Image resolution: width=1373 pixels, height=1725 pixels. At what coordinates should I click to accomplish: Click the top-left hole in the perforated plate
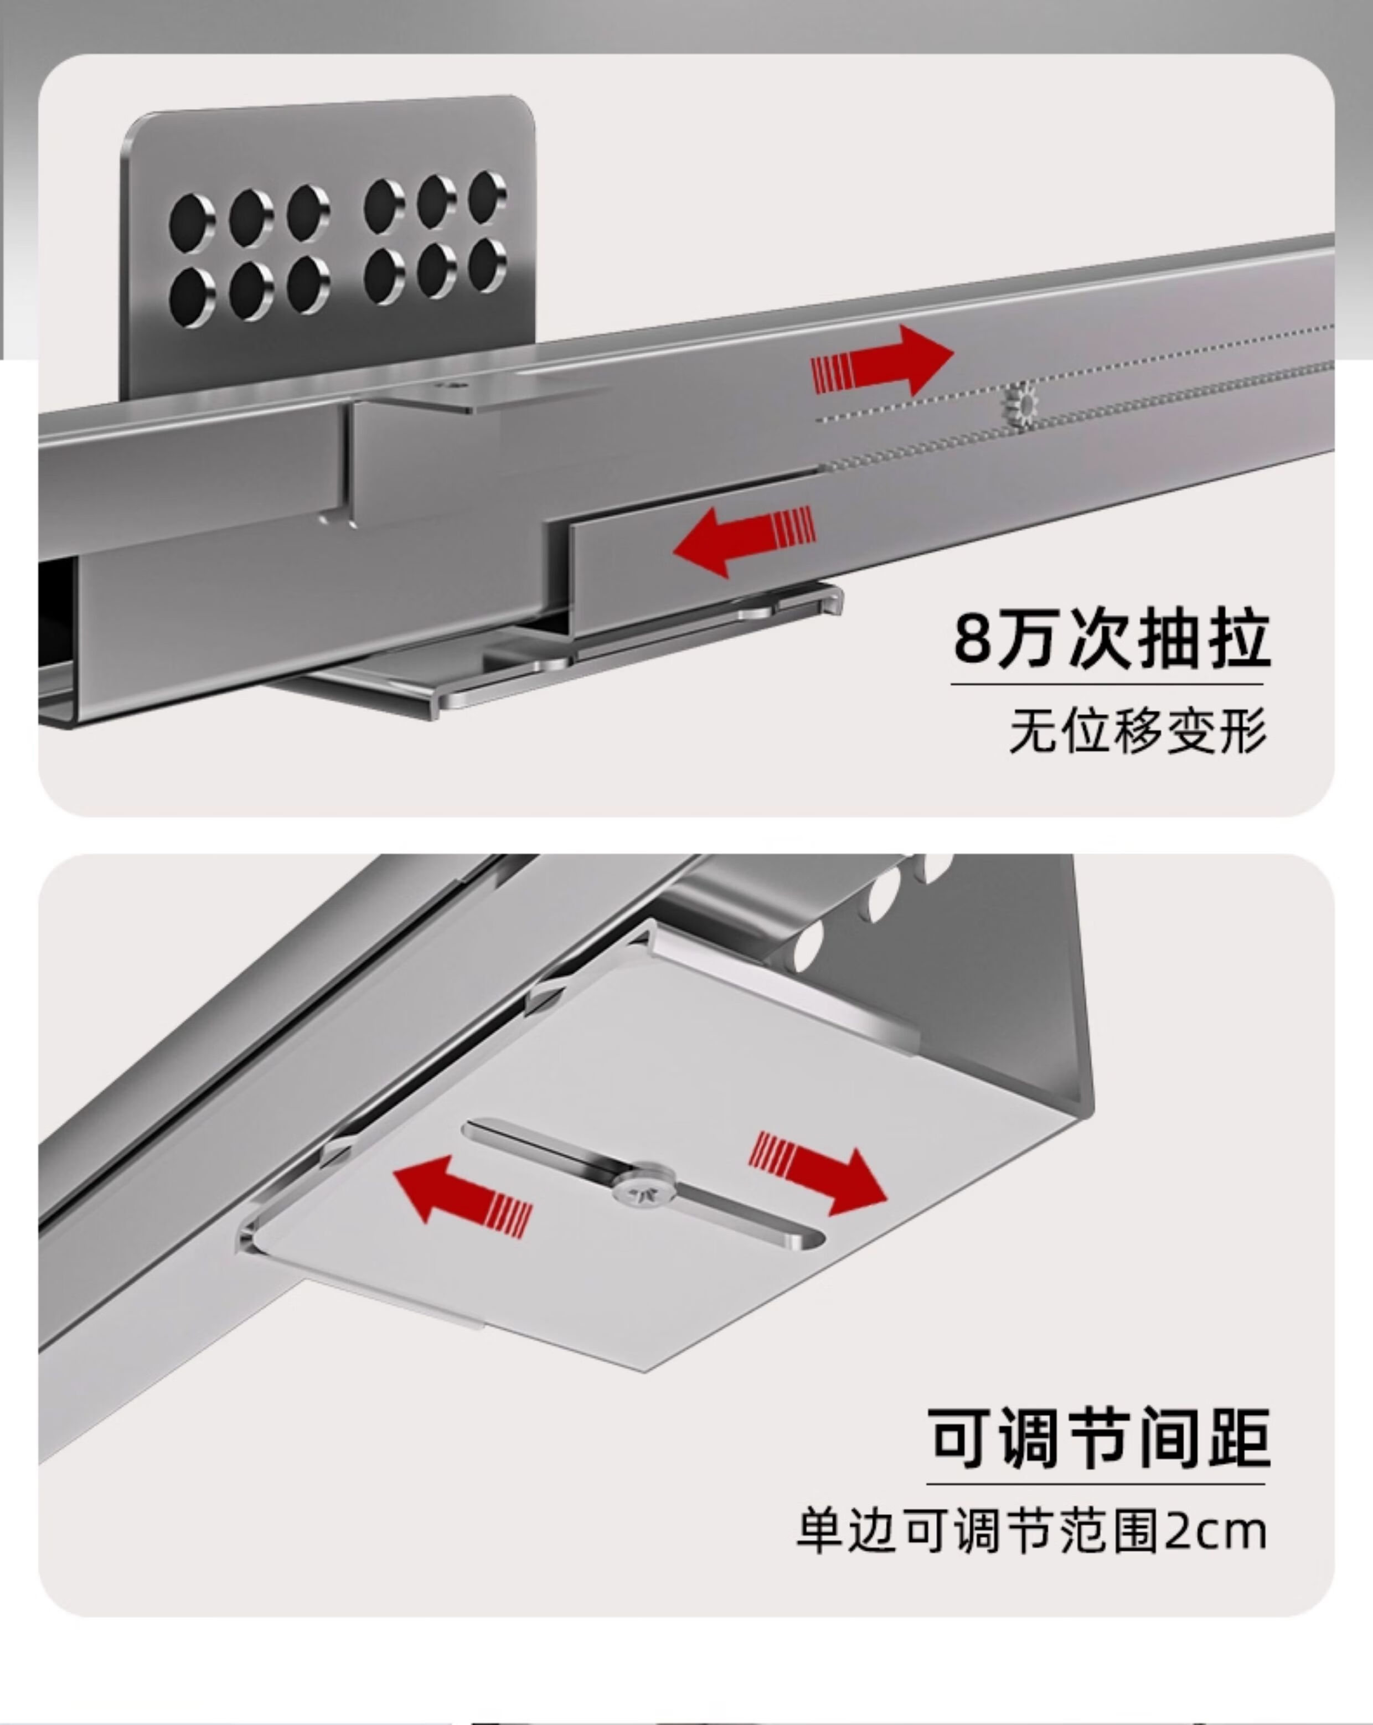(x=192, y=219)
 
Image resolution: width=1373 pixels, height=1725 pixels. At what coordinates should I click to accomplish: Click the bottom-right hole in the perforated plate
(x=487, y=265)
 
